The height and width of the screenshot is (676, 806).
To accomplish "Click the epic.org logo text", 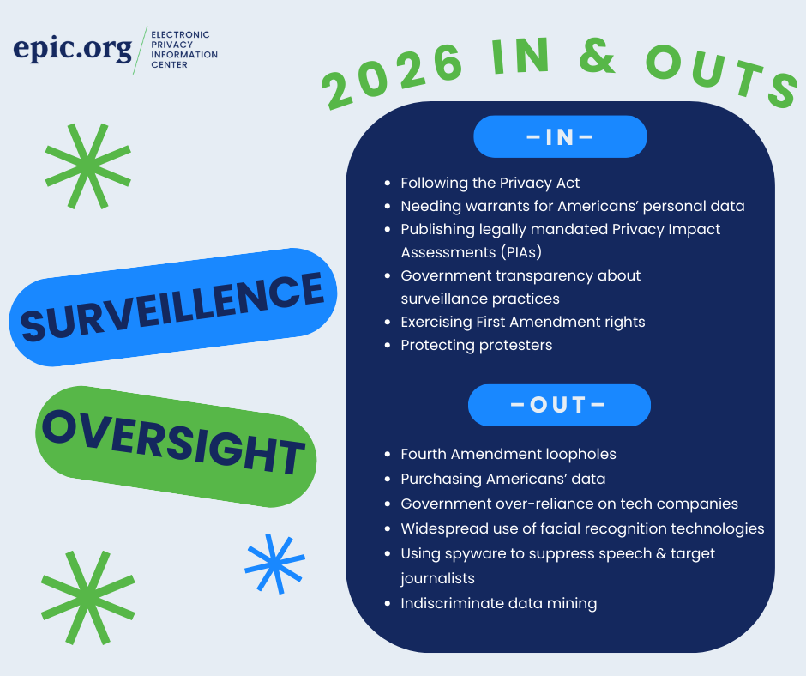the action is [73, 50].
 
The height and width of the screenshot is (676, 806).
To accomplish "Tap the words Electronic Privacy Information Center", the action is [184, 50].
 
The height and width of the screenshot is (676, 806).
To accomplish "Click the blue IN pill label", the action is [560, 136].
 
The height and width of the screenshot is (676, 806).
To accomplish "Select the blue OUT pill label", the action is [559, 405].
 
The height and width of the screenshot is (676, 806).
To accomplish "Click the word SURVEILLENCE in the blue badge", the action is [172, 306].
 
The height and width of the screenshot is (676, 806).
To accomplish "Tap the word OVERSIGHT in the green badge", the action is [174, 442].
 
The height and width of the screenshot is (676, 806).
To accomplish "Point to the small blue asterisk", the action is [275, 564].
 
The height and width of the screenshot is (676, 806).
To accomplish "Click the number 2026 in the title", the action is [393, 75].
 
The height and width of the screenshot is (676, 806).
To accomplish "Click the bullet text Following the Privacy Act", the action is [490, 183].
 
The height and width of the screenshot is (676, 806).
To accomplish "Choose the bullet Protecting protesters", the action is [477, 345].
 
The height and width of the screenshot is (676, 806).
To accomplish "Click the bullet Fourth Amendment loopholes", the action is [508, 454].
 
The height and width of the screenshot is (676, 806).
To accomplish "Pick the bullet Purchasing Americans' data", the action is [503, 479].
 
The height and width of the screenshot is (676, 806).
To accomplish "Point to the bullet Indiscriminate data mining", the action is [499, 603].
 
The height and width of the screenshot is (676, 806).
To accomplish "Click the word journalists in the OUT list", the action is [437, 578].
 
